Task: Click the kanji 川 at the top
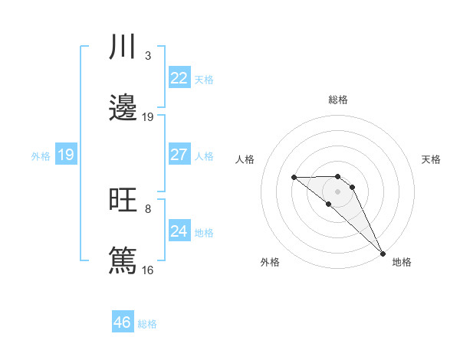[x=123, y=47]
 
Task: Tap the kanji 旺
[x=123, y=200]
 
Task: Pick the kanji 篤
[x=123, y=260]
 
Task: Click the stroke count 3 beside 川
[x=148, y=56]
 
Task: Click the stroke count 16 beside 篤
[x=148, y=270]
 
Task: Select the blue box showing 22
[x=179, y=78]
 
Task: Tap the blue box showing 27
[x=179, y=155]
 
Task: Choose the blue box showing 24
[x=179, y=231]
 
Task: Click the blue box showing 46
[x=123, y=322]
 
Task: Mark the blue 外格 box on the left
[x=66, y=155]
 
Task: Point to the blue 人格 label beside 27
[x=204, y=155]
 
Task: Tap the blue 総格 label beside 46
[x=147, y=324]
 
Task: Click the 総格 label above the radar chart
[x=338, y=100]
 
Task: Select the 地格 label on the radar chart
[x=402, y=263]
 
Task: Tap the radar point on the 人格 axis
[x=294, y=178]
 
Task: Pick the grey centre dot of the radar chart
[x=338, y=191]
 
